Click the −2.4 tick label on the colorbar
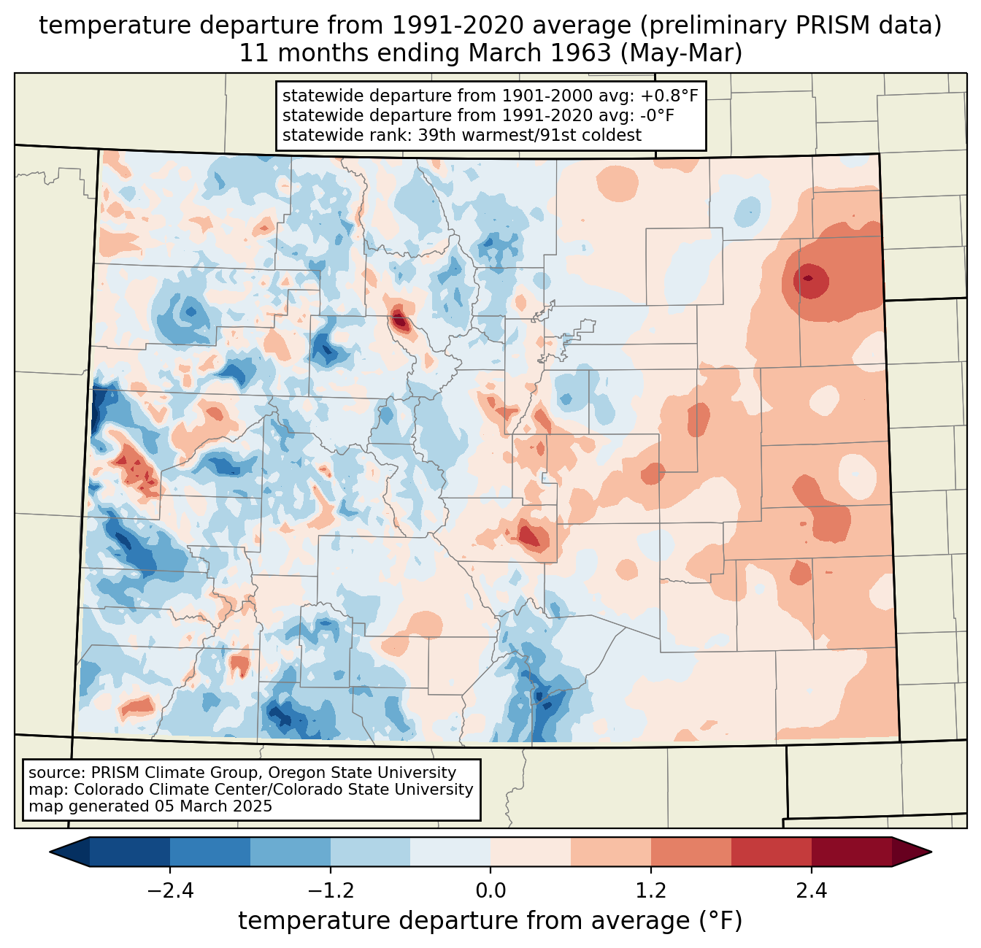tap(169, 891)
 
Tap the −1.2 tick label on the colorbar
tap(330, 891)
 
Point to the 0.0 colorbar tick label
tap(490, 891)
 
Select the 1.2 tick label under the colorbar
tap(651, 891)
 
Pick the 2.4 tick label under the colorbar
tap(812, 891)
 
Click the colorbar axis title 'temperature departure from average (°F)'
tap(490, 921)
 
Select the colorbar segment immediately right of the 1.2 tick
tap(691, 852)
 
